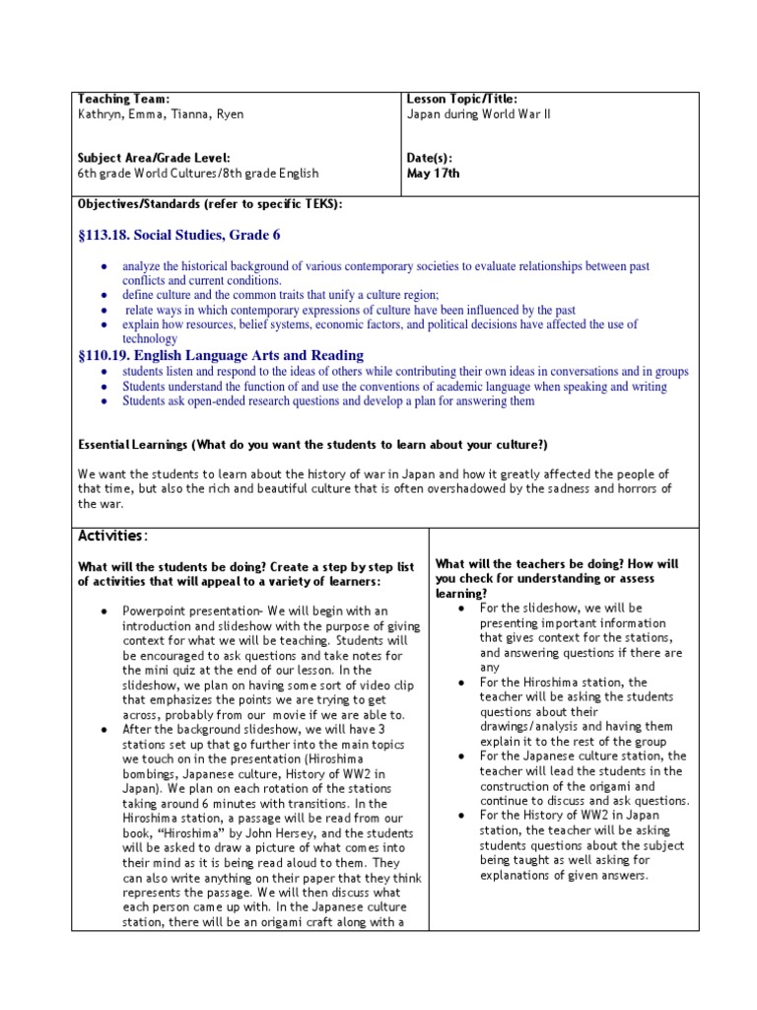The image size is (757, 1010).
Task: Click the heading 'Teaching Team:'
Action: click(124, 100)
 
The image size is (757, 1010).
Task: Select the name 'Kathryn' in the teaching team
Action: click(99, 114)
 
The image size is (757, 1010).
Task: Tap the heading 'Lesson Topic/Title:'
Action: click(461, 100)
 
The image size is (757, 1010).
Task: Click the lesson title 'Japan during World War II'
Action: click(479, 114)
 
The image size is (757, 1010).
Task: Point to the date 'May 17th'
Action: click(433, 174)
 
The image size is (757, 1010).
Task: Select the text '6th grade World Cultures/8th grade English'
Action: click(198, 174)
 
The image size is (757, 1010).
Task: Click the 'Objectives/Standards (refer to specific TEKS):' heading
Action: click(210, 203)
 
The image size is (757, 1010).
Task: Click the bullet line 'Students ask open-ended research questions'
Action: click(328, 401)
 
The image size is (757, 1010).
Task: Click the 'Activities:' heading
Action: click(113, 536)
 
